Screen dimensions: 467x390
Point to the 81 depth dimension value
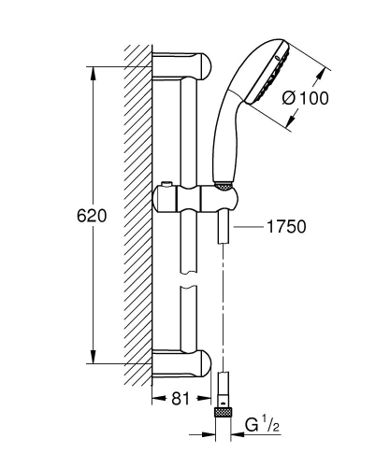pyautogui.click(x=180, y=398)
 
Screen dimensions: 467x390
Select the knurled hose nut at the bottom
pyautogui.click(x=224, y=411)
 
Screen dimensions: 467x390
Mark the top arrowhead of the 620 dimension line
pyautogui.click(x=92, y=75)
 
